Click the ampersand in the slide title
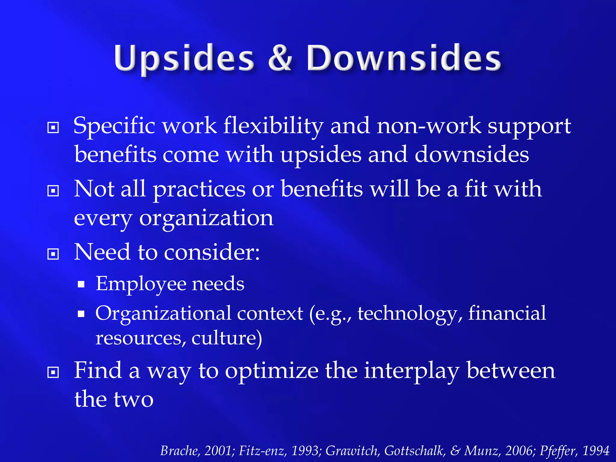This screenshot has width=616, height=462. (x=280, y=58)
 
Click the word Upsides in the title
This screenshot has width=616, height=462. (x=184, y=58)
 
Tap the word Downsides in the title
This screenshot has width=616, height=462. (x=404, y=58)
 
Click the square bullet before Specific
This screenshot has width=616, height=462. (x=53, y=128)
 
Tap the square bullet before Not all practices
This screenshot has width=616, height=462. (x=53, y=191)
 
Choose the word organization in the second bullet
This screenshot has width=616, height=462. (x=206, y=218)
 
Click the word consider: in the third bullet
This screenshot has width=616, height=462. (x=212, y=252)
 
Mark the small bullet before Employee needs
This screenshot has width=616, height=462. (x=81, y=284)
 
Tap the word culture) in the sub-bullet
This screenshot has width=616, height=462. (x=227, y=338)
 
